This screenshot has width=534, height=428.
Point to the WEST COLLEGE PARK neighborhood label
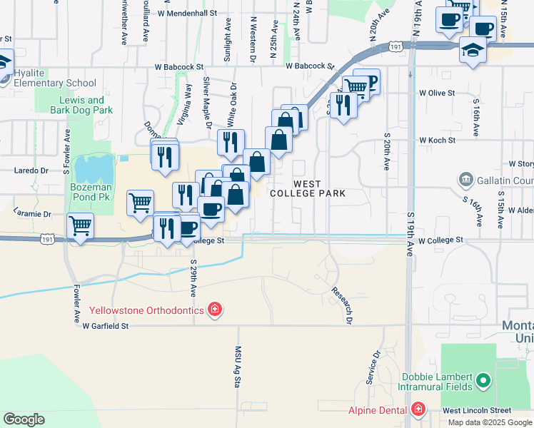[307, 188]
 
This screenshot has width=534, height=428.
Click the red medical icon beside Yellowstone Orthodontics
[214, 310]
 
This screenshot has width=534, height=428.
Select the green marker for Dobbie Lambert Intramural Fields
[483, 380]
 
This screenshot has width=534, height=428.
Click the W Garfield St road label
[105, 326]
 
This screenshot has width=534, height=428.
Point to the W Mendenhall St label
[186, 13]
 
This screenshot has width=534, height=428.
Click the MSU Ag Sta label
[238, 367]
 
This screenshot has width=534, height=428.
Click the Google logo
[24, 419]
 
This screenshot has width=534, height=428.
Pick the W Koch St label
[437, 141]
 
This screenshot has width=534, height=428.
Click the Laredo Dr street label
[31, 170]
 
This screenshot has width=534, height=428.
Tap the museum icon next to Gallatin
[466, 178]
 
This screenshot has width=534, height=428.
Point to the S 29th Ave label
[193, 278]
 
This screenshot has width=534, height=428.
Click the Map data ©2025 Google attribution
[490, 422]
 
